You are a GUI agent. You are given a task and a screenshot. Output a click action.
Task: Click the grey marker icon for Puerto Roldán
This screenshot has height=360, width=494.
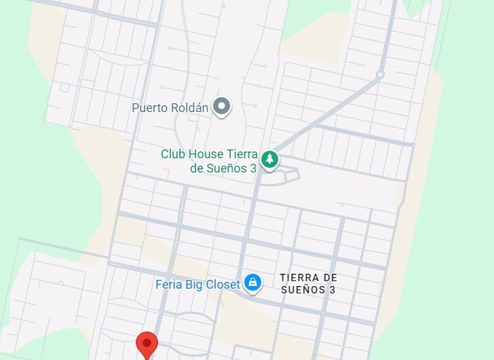[221, 107]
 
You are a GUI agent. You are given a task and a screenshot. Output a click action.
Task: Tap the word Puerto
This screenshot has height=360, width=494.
[149, 107]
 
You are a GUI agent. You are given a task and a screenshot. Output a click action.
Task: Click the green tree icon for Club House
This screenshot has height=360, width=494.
[270, 159]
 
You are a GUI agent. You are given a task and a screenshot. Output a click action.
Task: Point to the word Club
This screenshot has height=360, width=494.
[172, 154]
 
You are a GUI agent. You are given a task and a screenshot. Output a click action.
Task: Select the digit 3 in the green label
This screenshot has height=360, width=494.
[252, 168]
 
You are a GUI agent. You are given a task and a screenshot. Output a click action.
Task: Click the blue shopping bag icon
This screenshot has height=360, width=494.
[253, 282]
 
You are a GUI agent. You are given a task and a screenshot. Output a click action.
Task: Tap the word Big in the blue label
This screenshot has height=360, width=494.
[197, 284]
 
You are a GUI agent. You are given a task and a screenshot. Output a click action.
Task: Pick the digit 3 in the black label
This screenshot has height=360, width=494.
[332, 289]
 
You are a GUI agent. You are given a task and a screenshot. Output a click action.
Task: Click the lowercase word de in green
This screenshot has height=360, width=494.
[196, 168]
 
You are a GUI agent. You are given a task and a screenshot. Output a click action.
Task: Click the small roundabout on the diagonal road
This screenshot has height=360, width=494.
[380, 73]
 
